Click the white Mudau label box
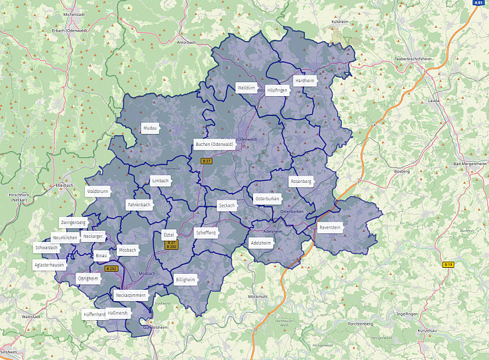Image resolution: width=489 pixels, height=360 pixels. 150,128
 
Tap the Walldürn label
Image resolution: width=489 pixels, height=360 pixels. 246,88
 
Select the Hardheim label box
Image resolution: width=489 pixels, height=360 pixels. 304,80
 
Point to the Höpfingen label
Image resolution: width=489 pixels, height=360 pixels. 277,90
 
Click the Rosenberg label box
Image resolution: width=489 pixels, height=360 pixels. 301,181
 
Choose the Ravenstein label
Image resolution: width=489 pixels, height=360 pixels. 329,227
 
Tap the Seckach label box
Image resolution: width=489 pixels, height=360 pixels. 227,206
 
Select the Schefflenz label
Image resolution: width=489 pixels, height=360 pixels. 205,233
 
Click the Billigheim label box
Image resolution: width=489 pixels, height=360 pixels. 186,280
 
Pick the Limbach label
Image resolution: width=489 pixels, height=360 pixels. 160,180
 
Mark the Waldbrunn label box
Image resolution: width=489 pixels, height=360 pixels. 97,191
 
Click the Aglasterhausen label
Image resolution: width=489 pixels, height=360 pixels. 50,265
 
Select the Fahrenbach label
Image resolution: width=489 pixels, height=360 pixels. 140,205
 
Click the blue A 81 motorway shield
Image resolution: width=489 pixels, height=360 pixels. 478,3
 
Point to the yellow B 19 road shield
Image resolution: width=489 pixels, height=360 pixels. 449,265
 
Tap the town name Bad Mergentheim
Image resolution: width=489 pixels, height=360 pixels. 469,164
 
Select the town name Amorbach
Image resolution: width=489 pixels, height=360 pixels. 186,42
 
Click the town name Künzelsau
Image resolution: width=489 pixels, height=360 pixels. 429,330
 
